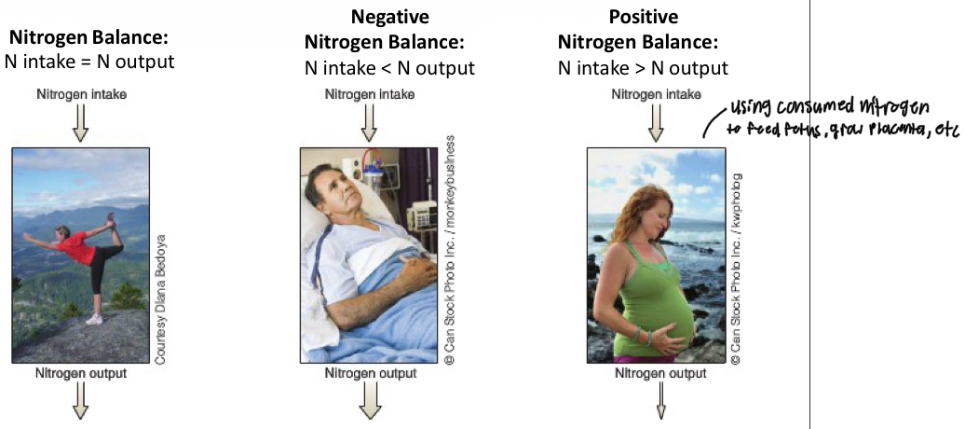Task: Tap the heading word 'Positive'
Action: pyautogui.click(x=643, y=18)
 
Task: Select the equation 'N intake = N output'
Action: pyautogui.click(x=89, y=62)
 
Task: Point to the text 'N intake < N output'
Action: pyautogui.click(x=389, y=68)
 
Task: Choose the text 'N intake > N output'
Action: pyautogui.click(x=643, y=68)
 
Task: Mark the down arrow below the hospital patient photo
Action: pyautogui.click(x=371, y=402)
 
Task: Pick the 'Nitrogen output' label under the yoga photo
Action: pyautogui.click(x=81, y=373)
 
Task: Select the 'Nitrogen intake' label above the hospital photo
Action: pyautogui.click(x=370, y=94)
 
